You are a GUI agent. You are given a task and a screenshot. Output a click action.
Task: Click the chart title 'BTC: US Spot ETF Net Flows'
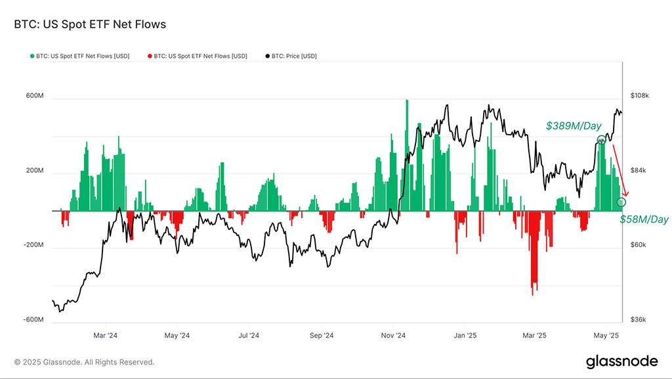pos(90,24)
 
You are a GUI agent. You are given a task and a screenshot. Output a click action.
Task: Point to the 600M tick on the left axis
pos(34,96)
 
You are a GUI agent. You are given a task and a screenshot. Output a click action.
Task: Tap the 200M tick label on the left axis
pos(34,171)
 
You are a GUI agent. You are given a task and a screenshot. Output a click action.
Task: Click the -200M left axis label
pos(33,245)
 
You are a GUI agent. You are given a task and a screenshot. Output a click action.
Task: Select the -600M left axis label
pos(33,320)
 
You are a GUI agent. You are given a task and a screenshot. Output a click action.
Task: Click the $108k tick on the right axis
pos(639,96)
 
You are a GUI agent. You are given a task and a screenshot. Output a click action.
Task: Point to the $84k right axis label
pos(639,171)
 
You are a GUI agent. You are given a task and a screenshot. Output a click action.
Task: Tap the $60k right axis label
pos(639,245)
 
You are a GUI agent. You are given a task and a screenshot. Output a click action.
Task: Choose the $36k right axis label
pos(639,320)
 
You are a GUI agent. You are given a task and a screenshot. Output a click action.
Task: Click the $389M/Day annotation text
pos(573,125)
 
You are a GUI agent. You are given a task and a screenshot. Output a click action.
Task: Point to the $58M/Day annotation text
pos(644,219)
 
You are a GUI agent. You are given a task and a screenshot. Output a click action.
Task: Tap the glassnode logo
pos(621,361)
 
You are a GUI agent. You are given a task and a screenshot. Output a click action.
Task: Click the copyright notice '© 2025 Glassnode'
pos(84,362)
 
